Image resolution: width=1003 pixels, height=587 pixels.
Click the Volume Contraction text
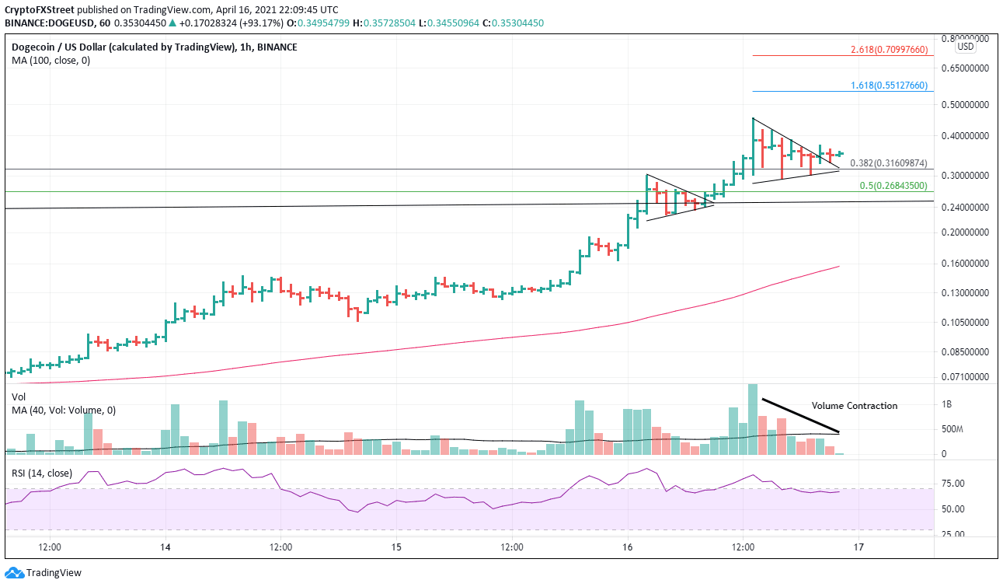(854, 406)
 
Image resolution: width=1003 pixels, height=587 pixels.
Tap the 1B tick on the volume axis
(946, 404)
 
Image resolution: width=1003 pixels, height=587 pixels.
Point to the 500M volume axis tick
(953, 429)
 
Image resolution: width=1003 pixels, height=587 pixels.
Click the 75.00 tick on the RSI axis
(953, 484)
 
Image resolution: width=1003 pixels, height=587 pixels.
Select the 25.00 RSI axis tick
(953, 534)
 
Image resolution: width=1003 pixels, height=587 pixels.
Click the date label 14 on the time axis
(166, 547)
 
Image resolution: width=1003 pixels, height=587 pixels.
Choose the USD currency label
(966, 47)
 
